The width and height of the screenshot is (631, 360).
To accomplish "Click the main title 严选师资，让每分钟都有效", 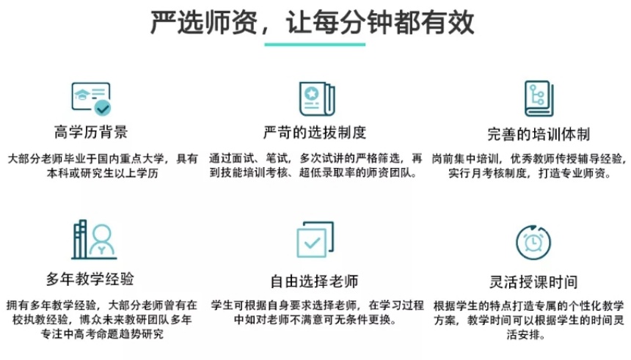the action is coord(313,23).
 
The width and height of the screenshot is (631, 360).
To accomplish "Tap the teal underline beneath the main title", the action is coord(315,44).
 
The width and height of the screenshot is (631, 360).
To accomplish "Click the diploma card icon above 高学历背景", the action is coord(91,98).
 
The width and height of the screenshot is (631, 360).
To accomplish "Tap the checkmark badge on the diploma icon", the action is coord(102,108).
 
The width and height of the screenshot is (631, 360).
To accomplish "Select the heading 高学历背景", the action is coord(91,132).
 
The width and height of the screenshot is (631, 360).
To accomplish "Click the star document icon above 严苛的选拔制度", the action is coord(317,98).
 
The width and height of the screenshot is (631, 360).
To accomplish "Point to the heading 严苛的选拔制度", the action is coord(315,132).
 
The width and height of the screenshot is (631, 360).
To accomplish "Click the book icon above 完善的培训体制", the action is coord(539,98).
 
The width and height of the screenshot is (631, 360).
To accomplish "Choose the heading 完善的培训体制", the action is coord(539,134).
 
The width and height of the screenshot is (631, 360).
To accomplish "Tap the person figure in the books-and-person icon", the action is coord(102,240).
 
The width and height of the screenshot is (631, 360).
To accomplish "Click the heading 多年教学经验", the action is coord(90,279).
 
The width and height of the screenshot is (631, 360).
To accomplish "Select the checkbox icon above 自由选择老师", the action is coord(315,240).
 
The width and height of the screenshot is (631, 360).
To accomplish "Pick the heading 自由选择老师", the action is coord(314,281).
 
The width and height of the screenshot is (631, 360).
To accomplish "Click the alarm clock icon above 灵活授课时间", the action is coord(533,242).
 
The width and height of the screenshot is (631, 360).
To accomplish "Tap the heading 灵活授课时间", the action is coord(533,282).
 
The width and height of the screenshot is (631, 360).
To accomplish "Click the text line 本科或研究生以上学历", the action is coord(103,173).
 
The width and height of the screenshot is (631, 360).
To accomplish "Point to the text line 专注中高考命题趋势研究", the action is coord(103,334).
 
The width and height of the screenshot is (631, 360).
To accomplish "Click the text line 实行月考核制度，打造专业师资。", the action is coord(530,173).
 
